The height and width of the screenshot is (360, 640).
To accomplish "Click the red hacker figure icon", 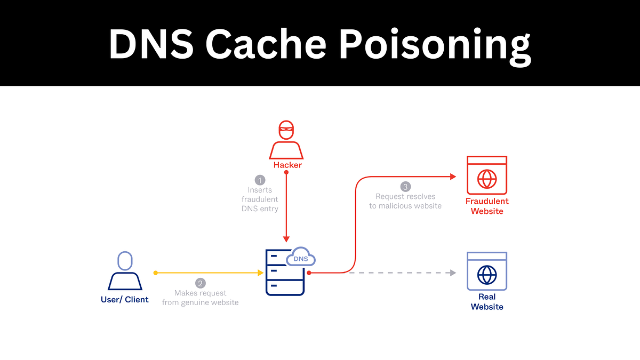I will coord(286,140).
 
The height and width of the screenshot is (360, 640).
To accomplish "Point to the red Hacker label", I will coord(287,165).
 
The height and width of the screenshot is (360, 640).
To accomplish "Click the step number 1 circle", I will coord(260,180).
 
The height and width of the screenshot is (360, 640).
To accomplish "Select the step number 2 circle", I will coord(201,283).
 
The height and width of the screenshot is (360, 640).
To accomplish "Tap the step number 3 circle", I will coord(405,187).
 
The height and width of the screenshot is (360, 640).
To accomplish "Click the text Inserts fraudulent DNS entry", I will coord(260,199).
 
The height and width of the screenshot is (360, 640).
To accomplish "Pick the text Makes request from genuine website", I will coord(201,298).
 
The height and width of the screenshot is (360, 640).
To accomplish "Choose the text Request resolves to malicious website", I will coord(405,201).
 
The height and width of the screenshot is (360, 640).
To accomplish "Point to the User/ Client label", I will coord(125,300).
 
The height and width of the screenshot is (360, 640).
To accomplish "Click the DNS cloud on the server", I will coord(301,258).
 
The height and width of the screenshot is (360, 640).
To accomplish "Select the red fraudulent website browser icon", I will coord(486,175).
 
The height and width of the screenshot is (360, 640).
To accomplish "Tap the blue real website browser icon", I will coord(486,271).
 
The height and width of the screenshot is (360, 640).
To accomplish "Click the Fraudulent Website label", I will coord(487,206).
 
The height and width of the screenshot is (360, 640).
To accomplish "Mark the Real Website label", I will coord(487,302).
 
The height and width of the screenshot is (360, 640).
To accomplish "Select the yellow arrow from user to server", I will coord(208,273).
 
